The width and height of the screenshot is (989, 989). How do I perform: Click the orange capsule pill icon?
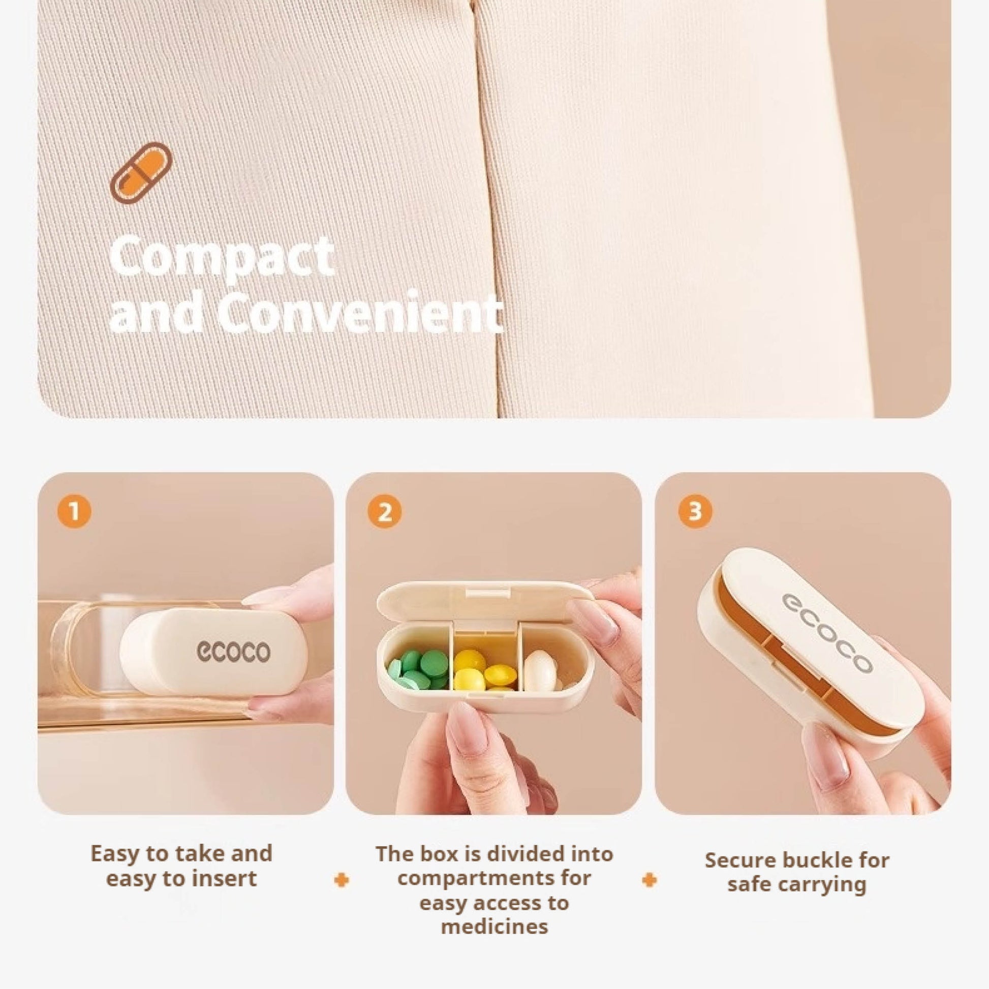pyautogui.click(x=141, y=172)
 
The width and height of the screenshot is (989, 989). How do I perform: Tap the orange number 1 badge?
pyautogui.click(x=75, y=511)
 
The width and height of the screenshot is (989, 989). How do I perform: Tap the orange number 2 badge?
pyautogui.click(x=384, y=511)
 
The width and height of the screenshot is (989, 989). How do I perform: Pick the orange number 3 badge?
pyautogui.click(x=695, y=511)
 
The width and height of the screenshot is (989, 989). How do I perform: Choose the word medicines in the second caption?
pyautogui.click(x=494, y=926)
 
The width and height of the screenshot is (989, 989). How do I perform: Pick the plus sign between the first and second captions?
pyautogui.click(x=342, y=880)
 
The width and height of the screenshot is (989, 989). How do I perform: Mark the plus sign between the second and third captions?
pyautogui.click(x=649, y=880)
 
